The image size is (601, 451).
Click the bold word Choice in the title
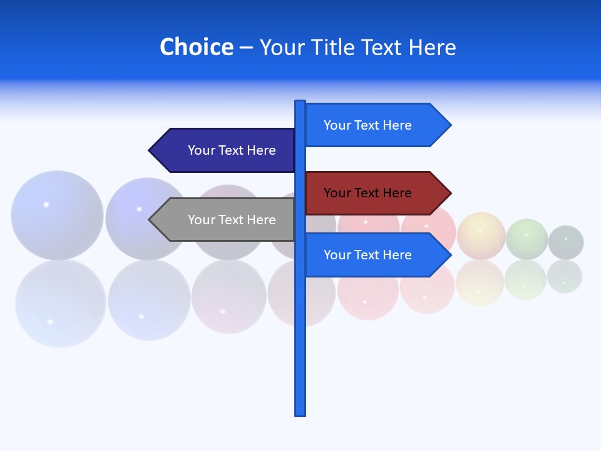[196, 47]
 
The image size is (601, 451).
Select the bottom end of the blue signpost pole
[300, 413]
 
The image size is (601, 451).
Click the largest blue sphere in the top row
[57, 215]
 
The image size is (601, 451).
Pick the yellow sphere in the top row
[481, 236]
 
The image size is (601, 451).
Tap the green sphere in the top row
[527, 239]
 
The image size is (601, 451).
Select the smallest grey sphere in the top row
[566, 242]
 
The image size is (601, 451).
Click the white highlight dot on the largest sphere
[46, 204]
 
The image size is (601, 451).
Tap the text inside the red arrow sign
[367, 193]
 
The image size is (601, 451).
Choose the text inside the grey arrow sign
[232, 220]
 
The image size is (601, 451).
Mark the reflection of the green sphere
[526, 280]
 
